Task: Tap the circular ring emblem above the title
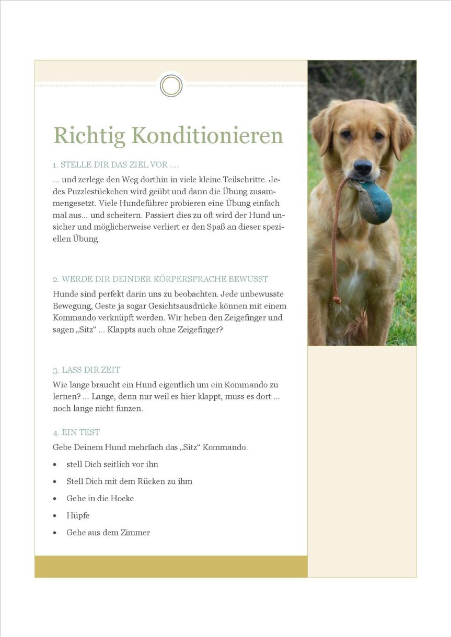tap(171, 86)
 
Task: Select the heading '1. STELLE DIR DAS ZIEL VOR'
tap(115, 165)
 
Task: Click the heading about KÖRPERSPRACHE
tap(160, 279)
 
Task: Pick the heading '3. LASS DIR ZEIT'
tap(86, 370)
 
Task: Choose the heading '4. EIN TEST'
tap(76, 432)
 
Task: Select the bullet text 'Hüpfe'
tap(78, 515)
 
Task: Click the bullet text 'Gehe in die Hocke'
tap(100, 498)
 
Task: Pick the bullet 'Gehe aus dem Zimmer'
tap(108, 533)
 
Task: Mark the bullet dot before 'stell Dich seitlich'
tap(55, 465)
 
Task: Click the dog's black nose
tap(362, 167)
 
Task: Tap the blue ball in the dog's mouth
tap(375, 202)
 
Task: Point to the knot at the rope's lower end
tap(337, 300)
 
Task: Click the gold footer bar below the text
tap(171, 567)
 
